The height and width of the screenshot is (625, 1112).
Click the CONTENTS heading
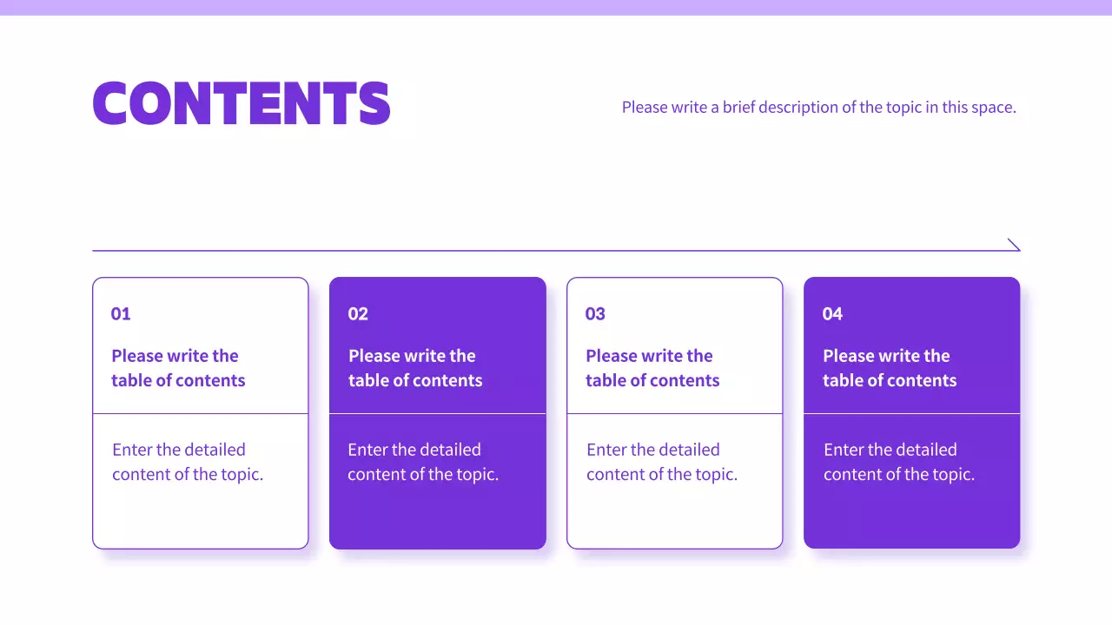pos(242,103)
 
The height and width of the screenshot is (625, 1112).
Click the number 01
pos(121,314)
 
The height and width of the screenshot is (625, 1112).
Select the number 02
pos(358,314)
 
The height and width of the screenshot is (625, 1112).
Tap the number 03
pos(595,314)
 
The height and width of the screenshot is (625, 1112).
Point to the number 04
pos(832,314)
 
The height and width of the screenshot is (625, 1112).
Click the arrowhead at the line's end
pos(1015,246)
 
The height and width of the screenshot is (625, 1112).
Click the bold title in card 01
pos(178,368)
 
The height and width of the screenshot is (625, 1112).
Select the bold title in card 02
pos(415,368)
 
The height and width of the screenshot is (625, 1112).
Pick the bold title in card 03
pos(652,368)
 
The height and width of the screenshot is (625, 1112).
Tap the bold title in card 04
pos(890,368)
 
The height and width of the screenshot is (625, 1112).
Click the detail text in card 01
pos(188,462)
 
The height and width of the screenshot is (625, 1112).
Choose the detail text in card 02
pos(423,462)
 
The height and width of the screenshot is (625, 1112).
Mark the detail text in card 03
pos(662,462)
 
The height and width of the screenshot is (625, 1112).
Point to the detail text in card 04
pos(899,462)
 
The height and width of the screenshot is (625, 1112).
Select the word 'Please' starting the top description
pos(644,108)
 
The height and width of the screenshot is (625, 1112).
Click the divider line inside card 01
pos(201,414)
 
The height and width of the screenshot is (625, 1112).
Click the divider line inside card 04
pos(911,414)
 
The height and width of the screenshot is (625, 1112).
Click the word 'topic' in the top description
pos(904,109)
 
